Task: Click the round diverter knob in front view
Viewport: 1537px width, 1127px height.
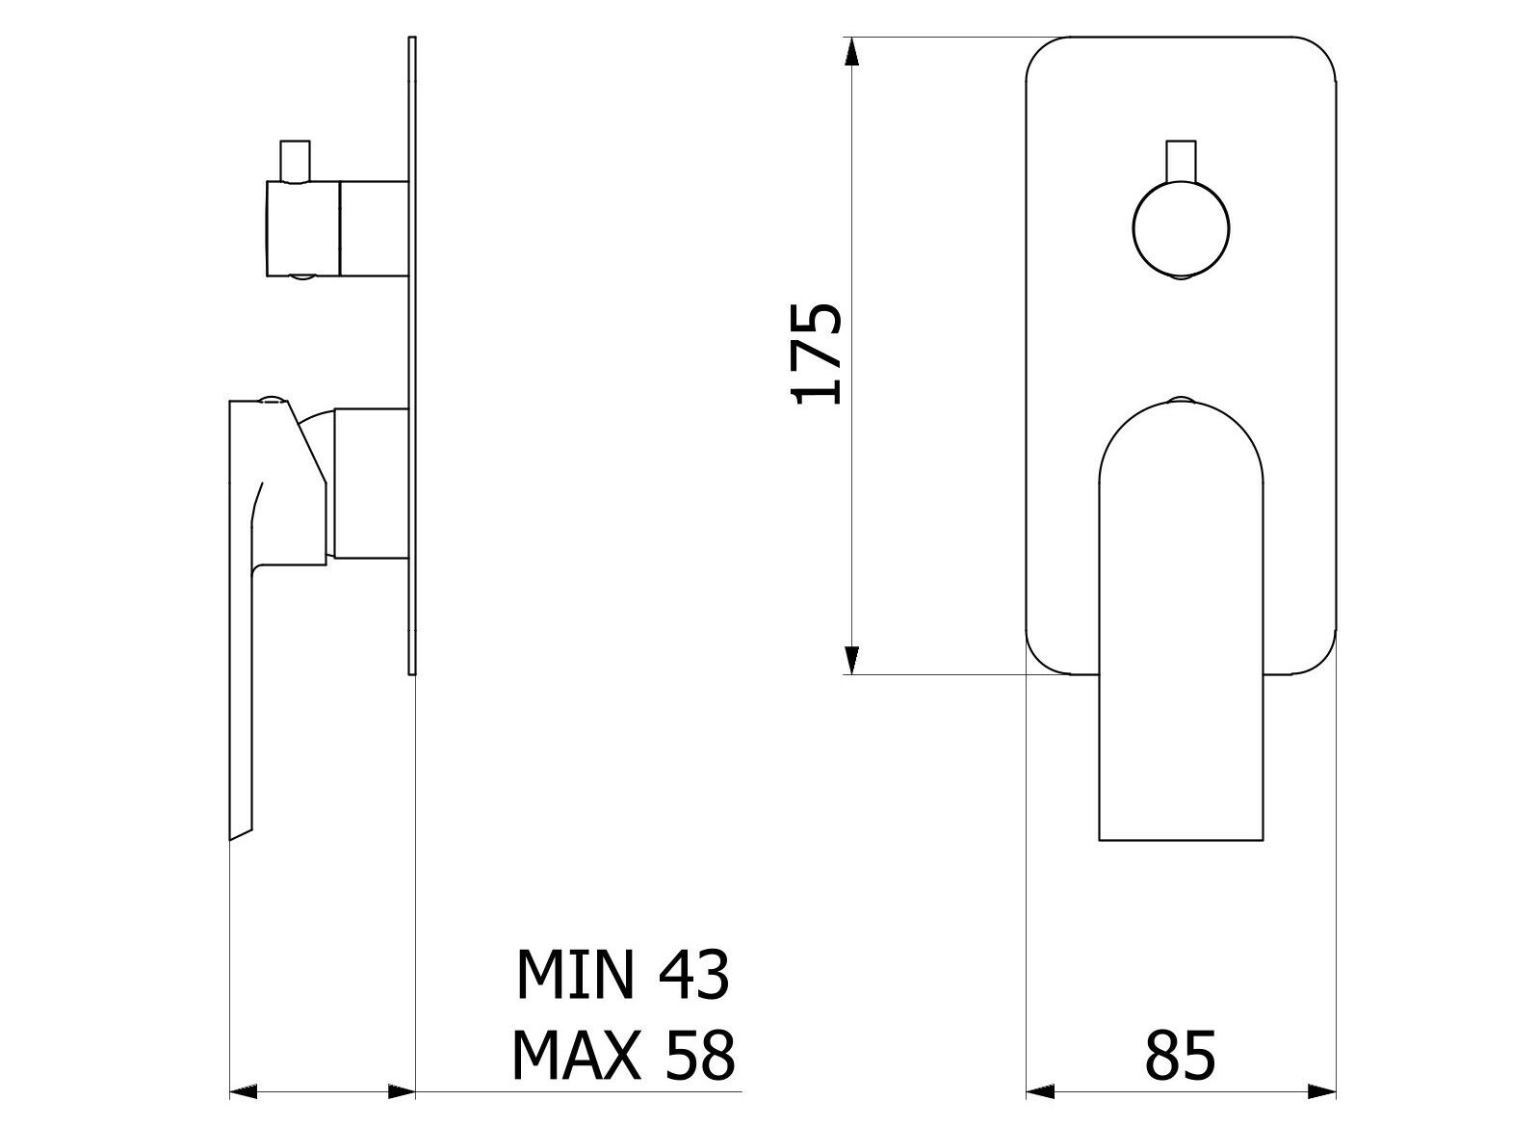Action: coord(1180,229)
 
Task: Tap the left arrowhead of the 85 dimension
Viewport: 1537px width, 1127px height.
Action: coord(1041,1092)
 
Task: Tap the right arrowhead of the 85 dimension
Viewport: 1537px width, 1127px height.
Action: coord(1321,1092)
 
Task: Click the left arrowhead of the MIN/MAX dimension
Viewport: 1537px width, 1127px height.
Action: coord(245,1092)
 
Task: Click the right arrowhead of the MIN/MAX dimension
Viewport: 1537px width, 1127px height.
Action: coord(401,1092)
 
